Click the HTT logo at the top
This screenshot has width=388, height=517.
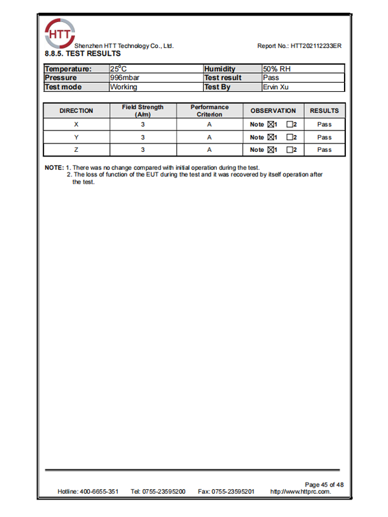[x=59, y=32]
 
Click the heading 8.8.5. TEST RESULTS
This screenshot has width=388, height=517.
[x=82, y=54]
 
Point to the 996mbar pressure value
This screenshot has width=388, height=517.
[x=125, y=78]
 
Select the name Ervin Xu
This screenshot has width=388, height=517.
[x=275, y=87]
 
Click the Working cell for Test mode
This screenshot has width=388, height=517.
[x=124, y=87]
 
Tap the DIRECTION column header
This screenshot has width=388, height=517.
[x=76, y=111]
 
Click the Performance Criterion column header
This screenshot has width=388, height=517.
[x=210, y=111]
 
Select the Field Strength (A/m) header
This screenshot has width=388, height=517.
[x=142, y=111]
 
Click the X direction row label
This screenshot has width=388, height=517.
[x=76, y=125]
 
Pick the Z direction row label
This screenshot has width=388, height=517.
[x=76, y=150]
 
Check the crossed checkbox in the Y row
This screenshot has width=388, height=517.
[x=270, y=137]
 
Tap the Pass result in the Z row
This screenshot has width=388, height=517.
[x=324, y=150]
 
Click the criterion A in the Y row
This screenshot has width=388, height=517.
[x=210, y=137]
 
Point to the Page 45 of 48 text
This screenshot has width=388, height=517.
[x=324, y=485]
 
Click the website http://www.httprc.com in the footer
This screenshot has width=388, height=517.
[x=300, y=492]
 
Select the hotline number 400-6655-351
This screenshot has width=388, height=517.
[x=99, y=492]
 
